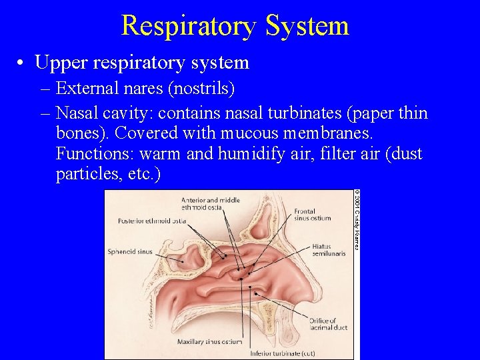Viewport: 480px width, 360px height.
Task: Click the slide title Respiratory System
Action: pyautogui.click(x=235, y=25)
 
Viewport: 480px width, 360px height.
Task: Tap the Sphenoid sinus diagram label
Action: pyautogui.click(x=129, y=252)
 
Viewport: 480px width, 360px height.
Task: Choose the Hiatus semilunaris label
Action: pyautogui.click(x=325, y=251)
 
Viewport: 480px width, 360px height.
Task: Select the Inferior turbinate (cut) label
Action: pyautogui.click(x=282, y=353)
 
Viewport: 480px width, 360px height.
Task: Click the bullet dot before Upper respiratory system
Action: pyautogui.click(x=22, y=63)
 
